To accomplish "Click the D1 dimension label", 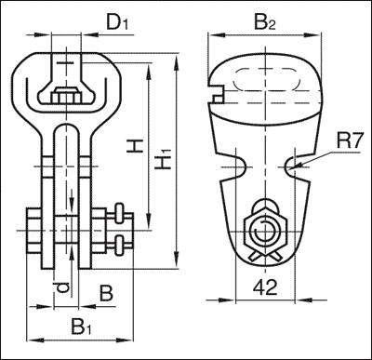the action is pos(117,22).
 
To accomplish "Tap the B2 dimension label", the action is pos(264,22).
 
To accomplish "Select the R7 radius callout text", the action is pos(349,141).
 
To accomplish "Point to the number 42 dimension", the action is pos(265,287).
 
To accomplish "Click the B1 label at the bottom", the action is pos(81,327).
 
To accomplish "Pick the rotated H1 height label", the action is pos(164,159).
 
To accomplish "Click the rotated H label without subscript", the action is pos(135,146).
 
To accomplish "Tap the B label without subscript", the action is pos(106,294).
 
